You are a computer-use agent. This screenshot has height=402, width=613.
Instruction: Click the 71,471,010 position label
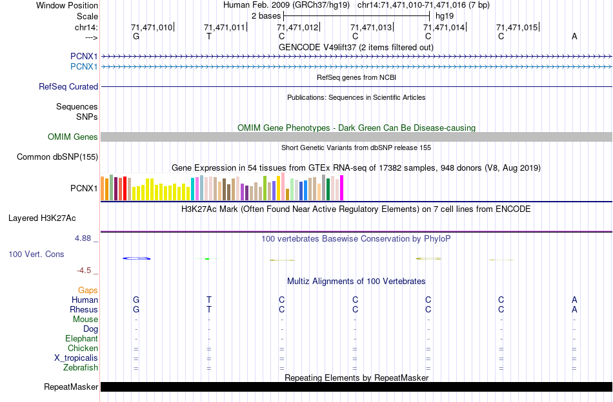(x=152, y=28)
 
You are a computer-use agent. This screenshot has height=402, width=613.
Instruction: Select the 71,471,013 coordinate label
(x=371, y=28)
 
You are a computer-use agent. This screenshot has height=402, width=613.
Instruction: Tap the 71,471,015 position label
(x=517, y=28)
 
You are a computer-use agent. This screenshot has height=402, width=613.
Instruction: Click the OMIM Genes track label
(x=73, y=137)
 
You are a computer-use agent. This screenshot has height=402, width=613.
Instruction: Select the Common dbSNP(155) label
(x=57, y=157)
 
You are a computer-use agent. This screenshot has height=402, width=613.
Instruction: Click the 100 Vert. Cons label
(x=36, y=254)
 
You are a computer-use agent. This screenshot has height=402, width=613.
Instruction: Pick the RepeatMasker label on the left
(x=71, y=387)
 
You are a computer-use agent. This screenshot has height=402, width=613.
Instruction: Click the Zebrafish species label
(x=81, y=368)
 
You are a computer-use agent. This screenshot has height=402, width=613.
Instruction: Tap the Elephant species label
(x=81, y=339)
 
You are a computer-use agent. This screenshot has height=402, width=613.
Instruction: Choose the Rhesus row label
(x=84, y=310)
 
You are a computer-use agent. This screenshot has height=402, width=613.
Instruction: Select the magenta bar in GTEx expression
(x=342, y=188)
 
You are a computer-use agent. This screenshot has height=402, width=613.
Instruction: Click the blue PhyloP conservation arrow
(x=136, y=258)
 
